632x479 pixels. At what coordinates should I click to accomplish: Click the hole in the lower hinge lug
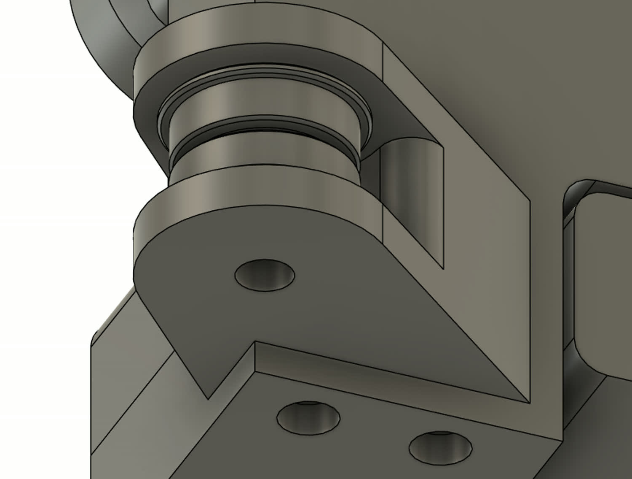(265, 275)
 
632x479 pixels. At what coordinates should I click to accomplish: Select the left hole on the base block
(308, 418)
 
